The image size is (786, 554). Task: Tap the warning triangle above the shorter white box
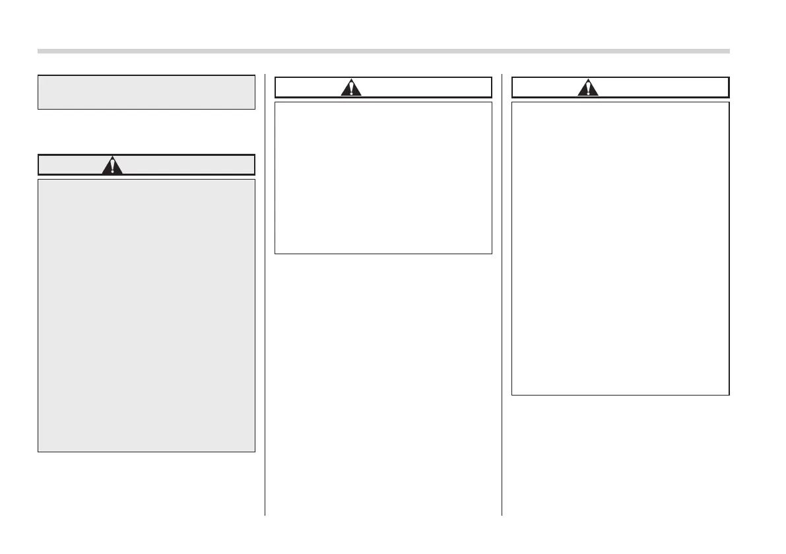tap(351, 87)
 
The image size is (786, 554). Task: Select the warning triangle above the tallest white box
tap(588, 87)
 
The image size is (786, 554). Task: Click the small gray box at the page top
tap(147, 92)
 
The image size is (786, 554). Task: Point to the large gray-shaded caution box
tap(147, 315)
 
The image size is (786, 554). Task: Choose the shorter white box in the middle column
tap(383, 178)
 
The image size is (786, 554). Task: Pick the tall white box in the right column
tap(620, 248)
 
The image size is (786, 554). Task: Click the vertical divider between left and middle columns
tap(265, 294)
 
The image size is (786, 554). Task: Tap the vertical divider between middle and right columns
tap(502, 294)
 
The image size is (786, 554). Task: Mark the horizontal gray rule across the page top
tap(383, 51)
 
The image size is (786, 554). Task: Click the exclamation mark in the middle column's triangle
tap(351, 88)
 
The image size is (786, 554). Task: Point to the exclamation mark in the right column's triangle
tap(588, 88)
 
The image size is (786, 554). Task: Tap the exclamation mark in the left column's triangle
tap(113, 166)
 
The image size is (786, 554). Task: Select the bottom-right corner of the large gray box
tap(255, 452)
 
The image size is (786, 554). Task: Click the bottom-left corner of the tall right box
tap(512, 395)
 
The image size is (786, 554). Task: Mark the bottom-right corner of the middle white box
tap(492, 254)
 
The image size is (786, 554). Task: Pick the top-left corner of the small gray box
tap(38, 75)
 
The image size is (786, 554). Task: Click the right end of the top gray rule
tap(729, 51)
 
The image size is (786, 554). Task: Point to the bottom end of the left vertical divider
tap(265, 514)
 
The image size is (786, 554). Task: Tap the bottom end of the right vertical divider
tap(502, 514)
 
